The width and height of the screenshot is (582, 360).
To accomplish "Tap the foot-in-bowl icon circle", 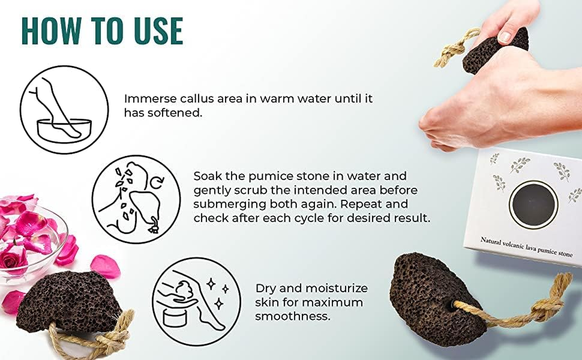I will tap(64, 110).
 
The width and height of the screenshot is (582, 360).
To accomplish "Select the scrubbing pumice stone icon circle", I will tap(136, 199).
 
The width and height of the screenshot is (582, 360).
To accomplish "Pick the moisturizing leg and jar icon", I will tap(196, 301).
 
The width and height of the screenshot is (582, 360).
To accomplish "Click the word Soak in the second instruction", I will tap(208, 175).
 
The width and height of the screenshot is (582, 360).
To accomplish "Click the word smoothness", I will tap(293, 316).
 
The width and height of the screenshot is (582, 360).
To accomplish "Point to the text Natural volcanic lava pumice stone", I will tap(526, 247).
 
